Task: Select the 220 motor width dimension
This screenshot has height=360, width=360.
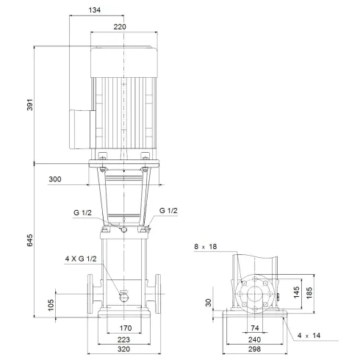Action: pos(120,26)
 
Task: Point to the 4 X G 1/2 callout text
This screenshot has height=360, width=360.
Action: pos(81,258)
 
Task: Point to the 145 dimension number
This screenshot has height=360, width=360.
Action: pos(296,293)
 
